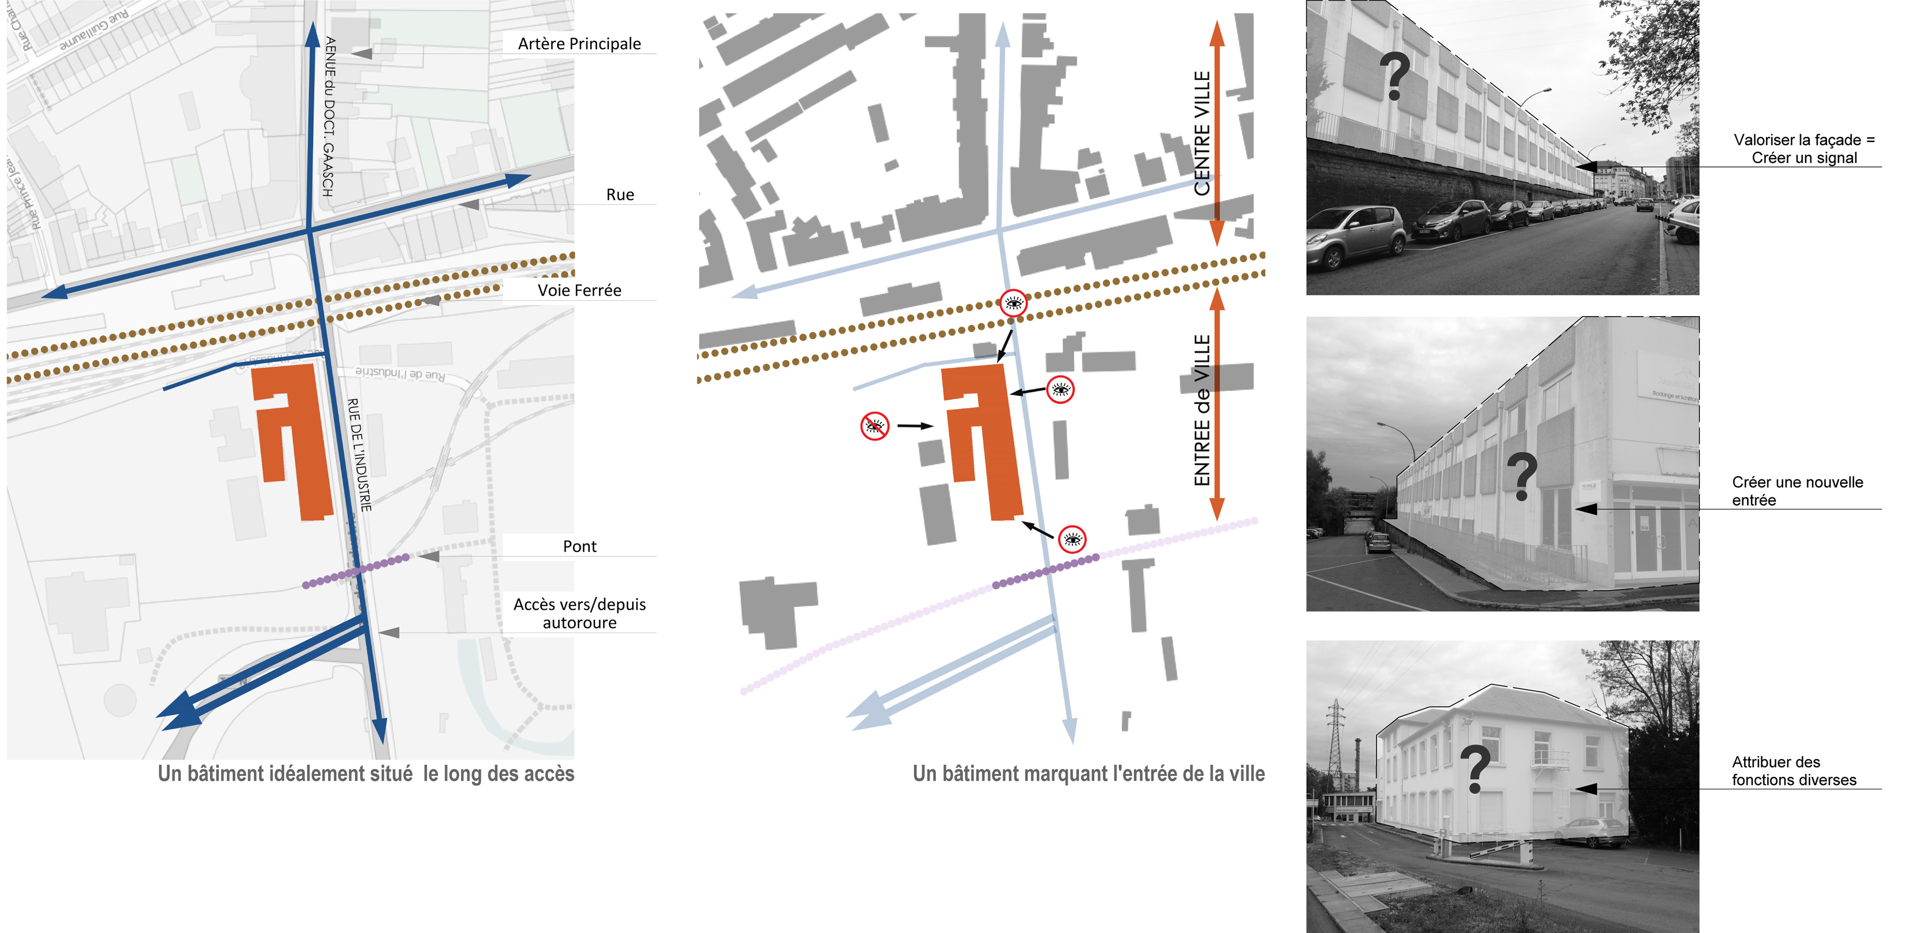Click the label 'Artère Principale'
579,44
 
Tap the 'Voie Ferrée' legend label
579,290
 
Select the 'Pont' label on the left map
579,547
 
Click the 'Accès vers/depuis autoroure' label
579,613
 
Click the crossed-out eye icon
874,426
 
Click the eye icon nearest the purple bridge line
1073,539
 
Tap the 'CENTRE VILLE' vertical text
1201,133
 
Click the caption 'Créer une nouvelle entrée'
1797,491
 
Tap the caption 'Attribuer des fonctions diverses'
1793,771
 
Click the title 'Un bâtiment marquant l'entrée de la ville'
1088,773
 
